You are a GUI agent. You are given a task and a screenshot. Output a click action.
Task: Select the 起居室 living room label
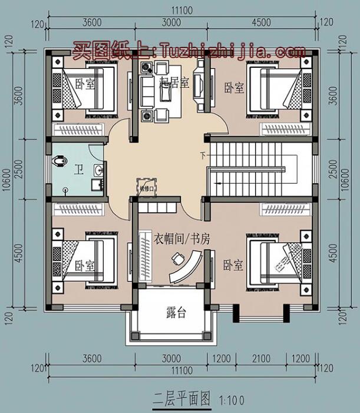coord(174,82)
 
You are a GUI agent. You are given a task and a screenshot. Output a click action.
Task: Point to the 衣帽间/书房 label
coord(182,239)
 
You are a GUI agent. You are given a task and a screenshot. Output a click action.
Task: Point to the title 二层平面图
coord(181,399)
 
